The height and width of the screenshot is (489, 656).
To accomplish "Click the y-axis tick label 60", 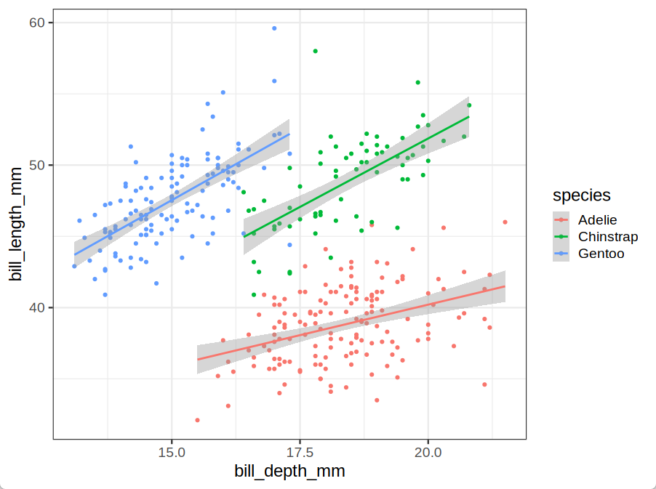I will pos(37,23).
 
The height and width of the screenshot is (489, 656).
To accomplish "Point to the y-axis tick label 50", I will pos(37,166).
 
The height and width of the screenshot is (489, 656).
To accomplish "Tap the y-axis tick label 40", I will pos(37,308).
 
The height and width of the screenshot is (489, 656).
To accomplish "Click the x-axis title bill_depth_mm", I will pos(289,472).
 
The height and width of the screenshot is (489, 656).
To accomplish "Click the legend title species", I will pos(581,195).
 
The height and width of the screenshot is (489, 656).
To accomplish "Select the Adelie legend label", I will pos(597,219).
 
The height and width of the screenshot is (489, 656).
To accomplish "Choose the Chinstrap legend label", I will pos(608,237).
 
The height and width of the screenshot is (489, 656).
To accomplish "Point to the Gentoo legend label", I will pos(601,254).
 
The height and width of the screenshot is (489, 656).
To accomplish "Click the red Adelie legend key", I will pos(561,219).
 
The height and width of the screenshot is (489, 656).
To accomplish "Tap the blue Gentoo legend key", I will pos(561,254).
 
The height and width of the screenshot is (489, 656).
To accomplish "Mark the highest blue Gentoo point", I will pos(274,28).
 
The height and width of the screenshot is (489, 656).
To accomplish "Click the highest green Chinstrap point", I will pos(316,51).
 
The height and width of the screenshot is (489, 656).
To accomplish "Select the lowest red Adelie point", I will pos(197,420).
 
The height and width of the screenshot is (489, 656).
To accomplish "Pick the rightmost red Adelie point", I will pos(505,222).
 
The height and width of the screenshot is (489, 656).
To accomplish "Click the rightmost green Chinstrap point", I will pos(469,105).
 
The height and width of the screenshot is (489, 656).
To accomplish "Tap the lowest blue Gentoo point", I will pos(105,295).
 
